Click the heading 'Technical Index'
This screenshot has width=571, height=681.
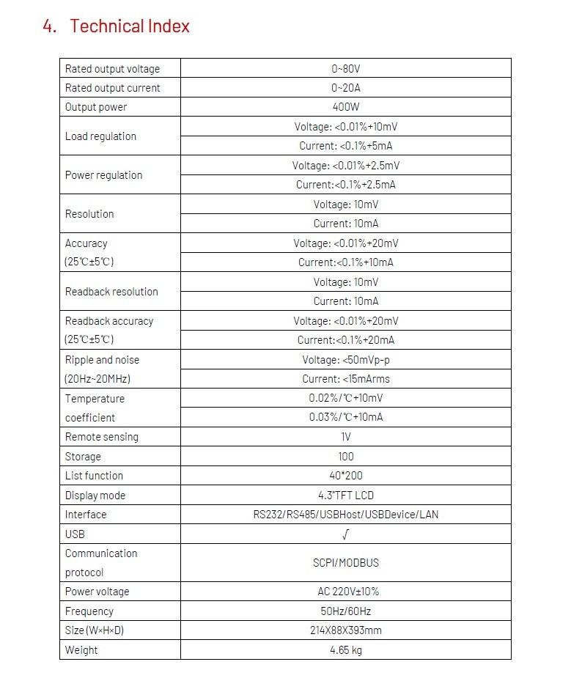click(x=129, y=26)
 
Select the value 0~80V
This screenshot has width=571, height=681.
click(x=346, y=69)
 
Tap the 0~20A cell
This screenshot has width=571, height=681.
click(x=346, y=88)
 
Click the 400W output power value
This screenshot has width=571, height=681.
click(x=346, y=107)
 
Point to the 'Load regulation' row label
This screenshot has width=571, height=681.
click(x=100, y=136)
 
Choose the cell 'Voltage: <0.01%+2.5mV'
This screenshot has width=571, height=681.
click(x=346, y=166)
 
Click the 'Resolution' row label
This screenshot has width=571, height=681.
click(x=89, y=214)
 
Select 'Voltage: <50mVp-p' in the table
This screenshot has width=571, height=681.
click(x=346, y=360)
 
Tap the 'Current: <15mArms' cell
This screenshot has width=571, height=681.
click(x=346, y=379)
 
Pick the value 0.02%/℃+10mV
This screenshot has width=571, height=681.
click(x=346, y=398)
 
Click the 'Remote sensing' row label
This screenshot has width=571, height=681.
click(x=101, y=437)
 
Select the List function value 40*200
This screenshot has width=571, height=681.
click(x=346, y=476)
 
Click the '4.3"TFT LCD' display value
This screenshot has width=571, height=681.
click(x=346, y=496)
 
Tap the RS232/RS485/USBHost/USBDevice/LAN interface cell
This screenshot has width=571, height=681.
click(x=346, y=515)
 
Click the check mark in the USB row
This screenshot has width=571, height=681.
click(x=346, y=534)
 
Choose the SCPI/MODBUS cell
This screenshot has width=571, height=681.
click(x=346, y=563)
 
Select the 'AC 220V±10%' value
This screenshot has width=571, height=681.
click(x=346, y=592)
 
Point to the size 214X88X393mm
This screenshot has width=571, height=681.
click(x=346, y=630)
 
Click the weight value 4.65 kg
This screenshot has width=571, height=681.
click(x=346, y=650)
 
